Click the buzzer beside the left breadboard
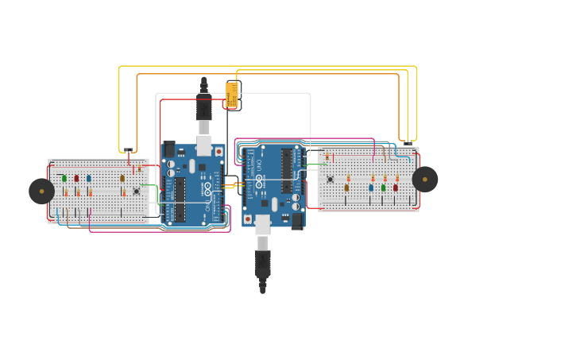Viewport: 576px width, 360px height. [41, 191]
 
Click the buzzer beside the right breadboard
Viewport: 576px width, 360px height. [425, 180]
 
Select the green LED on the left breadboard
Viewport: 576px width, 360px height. [64, 178]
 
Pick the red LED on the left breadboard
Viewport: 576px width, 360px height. [76, 178]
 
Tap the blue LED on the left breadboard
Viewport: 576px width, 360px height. [88, 178]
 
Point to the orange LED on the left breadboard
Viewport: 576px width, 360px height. [122, 178]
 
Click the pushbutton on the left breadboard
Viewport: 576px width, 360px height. [136, 191]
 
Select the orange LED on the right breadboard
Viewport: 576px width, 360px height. [346, 188]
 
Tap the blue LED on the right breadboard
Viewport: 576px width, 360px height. [370, 188]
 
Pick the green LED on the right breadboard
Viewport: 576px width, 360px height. [383, 188]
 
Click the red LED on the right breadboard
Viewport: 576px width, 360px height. [395, 188]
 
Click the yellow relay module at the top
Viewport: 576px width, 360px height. [232, 95]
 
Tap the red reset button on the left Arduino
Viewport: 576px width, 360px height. [218, 152]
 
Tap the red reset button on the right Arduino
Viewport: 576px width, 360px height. [248, 219]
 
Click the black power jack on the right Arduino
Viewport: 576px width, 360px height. [297, 221]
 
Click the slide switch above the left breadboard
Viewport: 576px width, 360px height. [128, 149]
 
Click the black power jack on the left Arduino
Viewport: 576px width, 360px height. [169, 149]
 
